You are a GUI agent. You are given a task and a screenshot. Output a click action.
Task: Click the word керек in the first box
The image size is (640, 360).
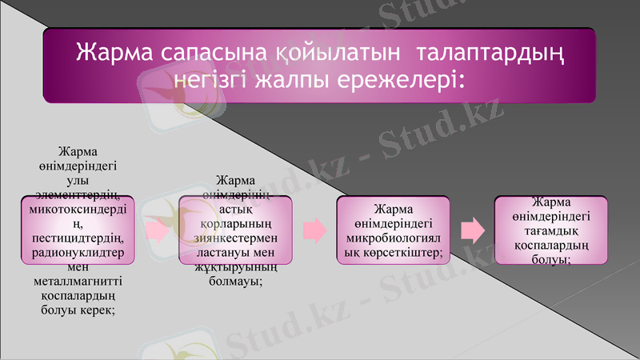tap(98, 310)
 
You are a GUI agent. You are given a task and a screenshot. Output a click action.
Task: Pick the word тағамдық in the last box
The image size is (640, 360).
tap(550, 230)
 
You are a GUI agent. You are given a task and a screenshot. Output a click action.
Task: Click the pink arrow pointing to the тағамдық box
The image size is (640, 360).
tap(474, 230)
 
